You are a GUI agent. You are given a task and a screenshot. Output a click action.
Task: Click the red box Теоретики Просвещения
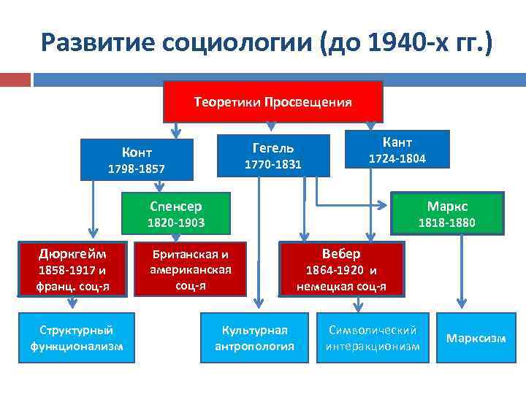coord(272,101)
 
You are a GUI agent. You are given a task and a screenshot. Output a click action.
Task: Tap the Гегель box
coord(272,155)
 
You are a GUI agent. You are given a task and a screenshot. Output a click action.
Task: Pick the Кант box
coord(397,150)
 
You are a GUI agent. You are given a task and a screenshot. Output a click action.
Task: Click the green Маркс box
coord(447,213)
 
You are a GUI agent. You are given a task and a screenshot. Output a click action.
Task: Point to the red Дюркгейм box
coord(72,270)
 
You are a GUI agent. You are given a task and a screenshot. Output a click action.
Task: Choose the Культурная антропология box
coord(254,337)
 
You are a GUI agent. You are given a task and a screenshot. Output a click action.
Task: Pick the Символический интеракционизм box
coord(373,337)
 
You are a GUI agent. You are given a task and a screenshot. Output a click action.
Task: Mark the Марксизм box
coord(476,338)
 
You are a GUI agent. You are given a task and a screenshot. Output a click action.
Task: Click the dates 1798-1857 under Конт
coord(137,169)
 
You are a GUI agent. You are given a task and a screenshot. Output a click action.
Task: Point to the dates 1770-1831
coord(272,165)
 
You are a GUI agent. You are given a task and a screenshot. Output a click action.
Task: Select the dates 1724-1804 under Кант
coord(397,158)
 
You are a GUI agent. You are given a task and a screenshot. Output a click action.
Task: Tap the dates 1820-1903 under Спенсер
coord(176,222)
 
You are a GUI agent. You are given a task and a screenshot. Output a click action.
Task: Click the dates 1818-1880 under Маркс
coord(447,223)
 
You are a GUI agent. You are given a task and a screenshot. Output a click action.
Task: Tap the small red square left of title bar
coord(15,78)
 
